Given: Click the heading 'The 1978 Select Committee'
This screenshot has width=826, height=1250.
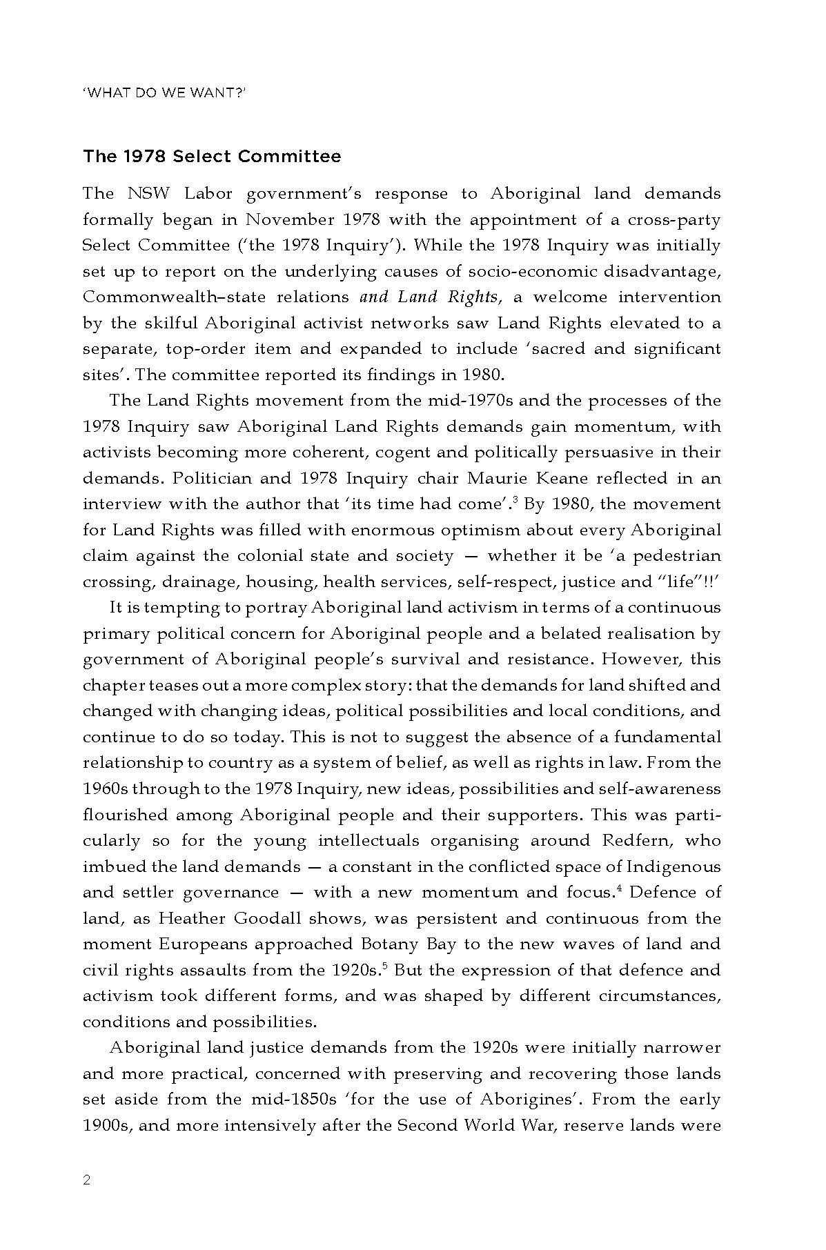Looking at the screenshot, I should tap(212, 157).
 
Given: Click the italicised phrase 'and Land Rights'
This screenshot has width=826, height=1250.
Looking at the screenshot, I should tap(429, 297).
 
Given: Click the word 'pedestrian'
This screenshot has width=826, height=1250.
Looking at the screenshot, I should tap(677, 556).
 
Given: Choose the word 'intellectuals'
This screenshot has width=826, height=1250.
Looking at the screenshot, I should tap(368, 841).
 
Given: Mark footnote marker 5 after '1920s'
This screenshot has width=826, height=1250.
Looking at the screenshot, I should tap(383, 966).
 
